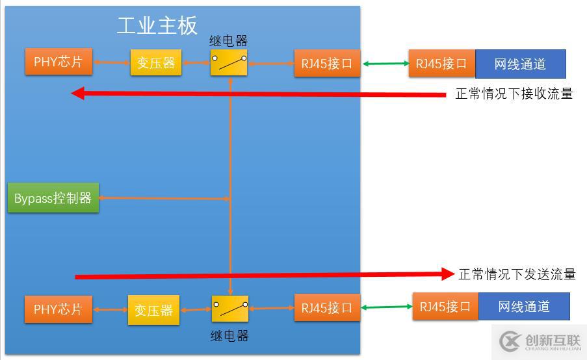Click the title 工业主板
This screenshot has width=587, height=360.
(x=157, y=25)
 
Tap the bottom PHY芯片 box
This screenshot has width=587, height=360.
(x=58, y=309)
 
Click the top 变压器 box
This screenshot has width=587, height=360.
(x=156, y=62)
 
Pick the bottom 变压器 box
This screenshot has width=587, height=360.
(x=153, y=311)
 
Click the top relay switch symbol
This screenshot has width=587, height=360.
(x=229, y=62)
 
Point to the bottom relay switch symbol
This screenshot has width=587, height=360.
(x=230, y=309)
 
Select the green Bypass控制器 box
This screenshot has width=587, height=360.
(x=53, y=198)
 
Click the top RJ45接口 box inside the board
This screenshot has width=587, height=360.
(x=326, y=63)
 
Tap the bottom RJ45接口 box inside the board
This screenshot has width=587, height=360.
(x=326, y=308)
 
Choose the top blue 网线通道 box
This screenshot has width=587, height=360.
(x=520, y=64)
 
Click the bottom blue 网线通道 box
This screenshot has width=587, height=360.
(x=524, y=306)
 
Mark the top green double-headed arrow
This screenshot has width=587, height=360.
(x=384, y=63)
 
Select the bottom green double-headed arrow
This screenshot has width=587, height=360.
(x=386, y=307)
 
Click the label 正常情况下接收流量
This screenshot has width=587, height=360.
(x=514, y=94)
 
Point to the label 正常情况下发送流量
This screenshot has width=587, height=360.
(x=517, y=274)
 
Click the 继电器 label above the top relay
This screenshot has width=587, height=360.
(x=228, y=40)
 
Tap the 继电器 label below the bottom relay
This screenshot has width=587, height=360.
(x=229, y=335)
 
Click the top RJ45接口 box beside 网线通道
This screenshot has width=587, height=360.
(x=442, y=64)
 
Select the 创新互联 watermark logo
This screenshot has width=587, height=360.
(x=540, y=341)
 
